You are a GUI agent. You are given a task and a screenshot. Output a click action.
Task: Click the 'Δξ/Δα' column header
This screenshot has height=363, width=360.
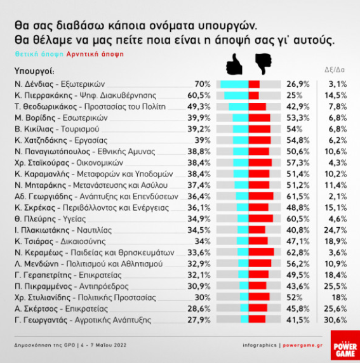(x=335, y=70)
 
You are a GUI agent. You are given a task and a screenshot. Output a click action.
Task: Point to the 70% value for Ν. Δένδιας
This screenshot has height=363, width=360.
(x=202, y=84)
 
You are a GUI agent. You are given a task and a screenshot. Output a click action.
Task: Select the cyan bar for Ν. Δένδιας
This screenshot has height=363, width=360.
(x=233, y=84)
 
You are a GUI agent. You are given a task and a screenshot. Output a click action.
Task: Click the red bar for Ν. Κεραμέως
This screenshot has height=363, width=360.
(x=262, y=251)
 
